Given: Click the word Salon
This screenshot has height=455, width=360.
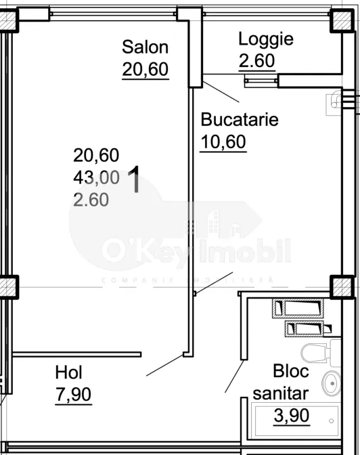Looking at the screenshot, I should point(145,47).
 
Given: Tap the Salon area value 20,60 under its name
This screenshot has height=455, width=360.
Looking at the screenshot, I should point(145,68).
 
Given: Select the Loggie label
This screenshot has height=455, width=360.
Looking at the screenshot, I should point(266,39).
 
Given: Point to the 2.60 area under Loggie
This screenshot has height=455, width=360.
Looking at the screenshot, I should point(257,60).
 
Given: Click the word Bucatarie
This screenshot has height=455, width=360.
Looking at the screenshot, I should point(240,120).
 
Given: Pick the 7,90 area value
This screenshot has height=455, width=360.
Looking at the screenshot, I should point(73,393).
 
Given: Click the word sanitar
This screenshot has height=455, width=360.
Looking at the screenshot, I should point(281,393).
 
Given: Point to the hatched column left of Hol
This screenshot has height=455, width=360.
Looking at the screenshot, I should point(9,287).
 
